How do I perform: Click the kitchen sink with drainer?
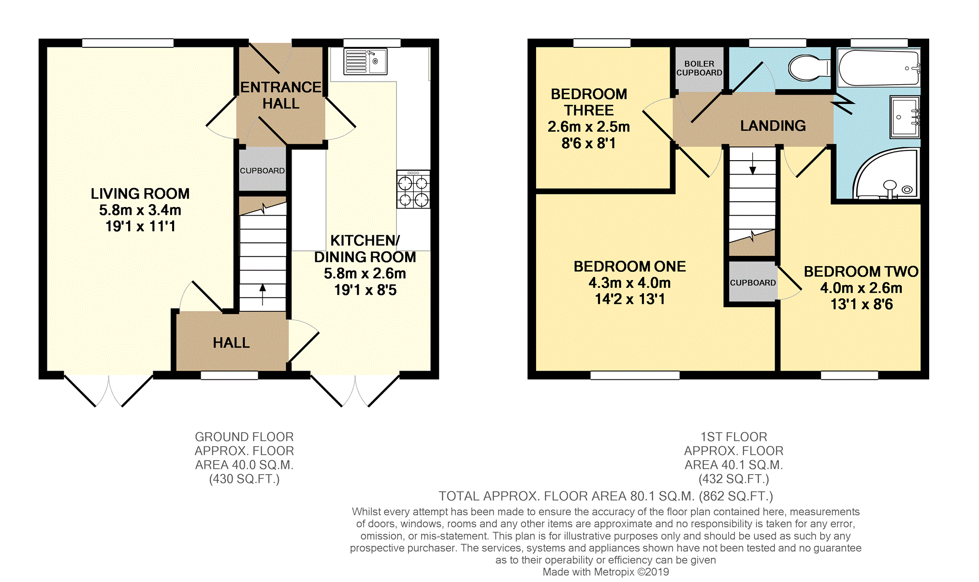coord(365,61)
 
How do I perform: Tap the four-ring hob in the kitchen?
coord(413,189)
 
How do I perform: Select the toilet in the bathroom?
coord(809,68)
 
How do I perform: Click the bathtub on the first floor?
coord(879,68)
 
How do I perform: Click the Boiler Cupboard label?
coord(699,68)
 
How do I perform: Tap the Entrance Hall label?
coord(281,95)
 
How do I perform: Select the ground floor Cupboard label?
coord(263,171)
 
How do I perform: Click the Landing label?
coord(773,126)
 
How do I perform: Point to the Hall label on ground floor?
coord(232,343)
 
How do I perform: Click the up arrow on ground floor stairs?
coord(263,295)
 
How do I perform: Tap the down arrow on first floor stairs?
coord(753,164)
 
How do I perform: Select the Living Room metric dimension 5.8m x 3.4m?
coord(140,210)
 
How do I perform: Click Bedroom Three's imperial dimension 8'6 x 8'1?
coord(589,143)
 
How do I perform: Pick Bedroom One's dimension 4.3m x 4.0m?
coord(630,283)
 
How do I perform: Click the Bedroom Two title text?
coord(861,271)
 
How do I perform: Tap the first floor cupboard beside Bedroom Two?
coord(752,283)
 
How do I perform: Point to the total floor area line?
coord(606,496)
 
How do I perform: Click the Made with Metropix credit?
coord(606,572)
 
